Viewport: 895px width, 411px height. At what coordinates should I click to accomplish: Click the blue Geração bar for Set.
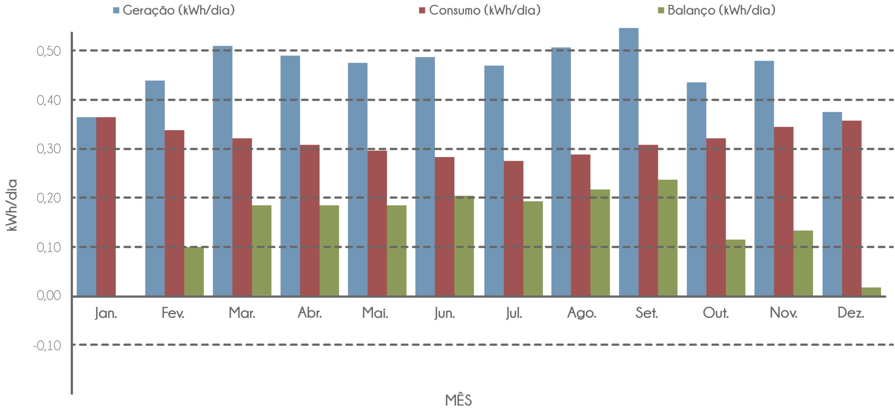click(x=629, y=162)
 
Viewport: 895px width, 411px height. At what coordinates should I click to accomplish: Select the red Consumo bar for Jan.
click(x=106, y=206)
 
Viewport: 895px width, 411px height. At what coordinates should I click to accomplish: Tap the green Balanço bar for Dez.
click(x=871, y=291)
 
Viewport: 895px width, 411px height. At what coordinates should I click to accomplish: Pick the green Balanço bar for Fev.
click(x=194, y=271)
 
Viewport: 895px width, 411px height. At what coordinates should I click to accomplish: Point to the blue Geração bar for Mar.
click(x=222, y=171)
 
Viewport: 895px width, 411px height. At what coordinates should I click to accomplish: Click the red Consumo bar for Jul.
click(x=514, y=228)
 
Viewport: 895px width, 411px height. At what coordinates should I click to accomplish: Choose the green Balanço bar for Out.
click(x=736, y=267)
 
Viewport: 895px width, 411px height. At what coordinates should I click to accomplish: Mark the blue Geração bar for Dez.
click(x=832, y=204)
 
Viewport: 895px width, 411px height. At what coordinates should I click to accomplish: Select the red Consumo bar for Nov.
click(x=784, y=211)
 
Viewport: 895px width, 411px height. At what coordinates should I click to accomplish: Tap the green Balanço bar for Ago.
click(x=600, y=242)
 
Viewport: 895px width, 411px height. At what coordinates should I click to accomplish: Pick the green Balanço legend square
click(x=661, y=10)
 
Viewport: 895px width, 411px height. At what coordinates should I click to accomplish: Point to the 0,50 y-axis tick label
click(x=49, y=51)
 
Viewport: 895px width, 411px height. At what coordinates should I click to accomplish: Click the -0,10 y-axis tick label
click(x=47, y=346)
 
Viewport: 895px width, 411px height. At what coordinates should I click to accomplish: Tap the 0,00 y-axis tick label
click(x=49, y=296)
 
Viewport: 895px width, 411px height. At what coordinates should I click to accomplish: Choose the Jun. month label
click(x=445, y=313)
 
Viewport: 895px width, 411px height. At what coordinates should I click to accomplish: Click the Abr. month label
click(x=310, y=313)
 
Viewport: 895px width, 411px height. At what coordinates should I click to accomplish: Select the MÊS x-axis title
click(x=459, y=400)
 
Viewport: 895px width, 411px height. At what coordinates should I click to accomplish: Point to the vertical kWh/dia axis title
click(x=12, y=205)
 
